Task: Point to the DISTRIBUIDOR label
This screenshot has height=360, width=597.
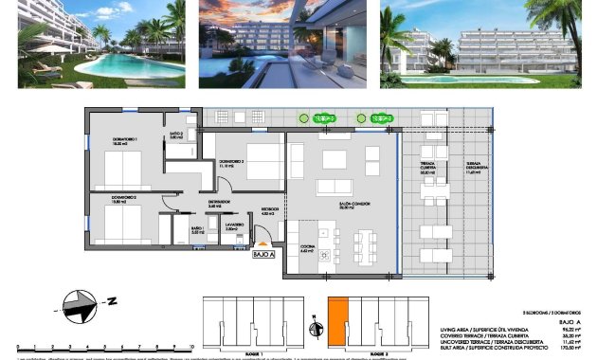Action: click(220, 204)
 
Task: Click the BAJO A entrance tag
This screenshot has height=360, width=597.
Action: click(263, 254)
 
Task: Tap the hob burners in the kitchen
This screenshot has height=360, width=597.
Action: click(325, 255)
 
